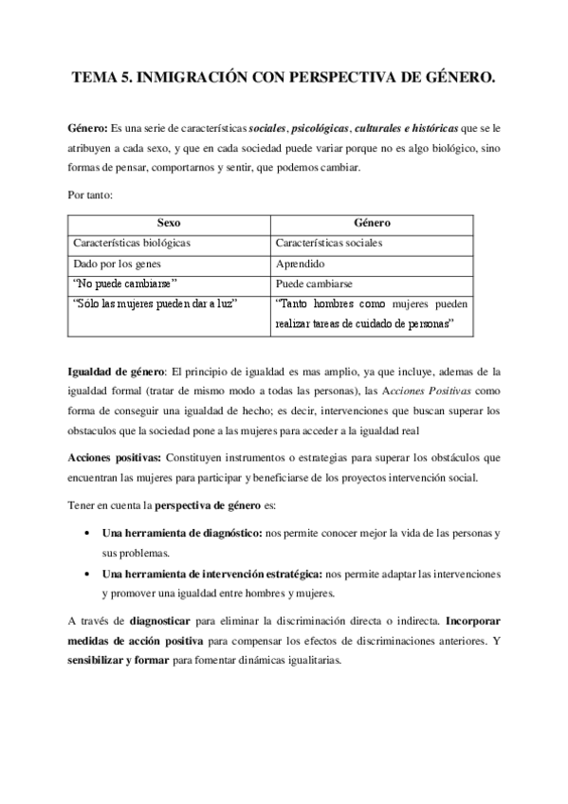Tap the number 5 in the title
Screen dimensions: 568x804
pyautogui.click(x=121, y=82)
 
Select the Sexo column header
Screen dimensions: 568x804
pyautogui.click(x=168, y=223)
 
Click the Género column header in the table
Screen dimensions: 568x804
pyautogui.click(x=371, y=223)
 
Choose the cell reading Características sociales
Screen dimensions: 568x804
pyautogui.click(x=327, y=243)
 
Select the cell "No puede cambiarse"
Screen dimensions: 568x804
pyautogui.click(x=125, y=283)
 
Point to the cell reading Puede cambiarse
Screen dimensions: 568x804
pyautogui.click(x=314, y=283)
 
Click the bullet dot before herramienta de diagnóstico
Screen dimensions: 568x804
pyautogui.click(x=88, y=534)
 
